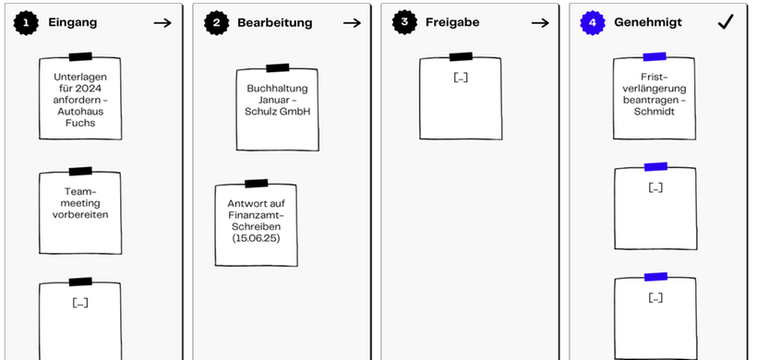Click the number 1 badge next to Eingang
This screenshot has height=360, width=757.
(28, 22)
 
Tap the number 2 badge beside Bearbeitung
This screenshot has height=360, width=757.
(215, 22)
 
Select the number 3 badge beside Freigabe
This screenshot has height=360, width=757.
(403, 22)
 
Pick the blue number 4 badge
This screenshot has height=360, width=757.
(592, 22)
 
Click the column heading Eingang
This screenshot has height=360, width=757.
(72, 22)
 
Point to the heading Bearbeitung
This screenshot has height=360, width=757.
(274, 22)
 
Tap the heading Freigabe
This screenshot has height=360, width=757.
(451, 22)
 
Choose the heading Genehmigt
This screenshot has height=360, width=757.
(647, 22)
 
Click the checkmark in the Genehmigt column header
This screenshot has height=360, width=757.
(725, 22)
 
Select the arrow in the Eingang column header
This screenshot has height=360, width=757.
(162, 22)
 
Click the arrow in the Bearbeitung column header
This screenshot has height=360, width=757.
(351, 22)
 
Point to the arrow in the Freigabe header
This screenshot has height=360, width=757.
(539, 22)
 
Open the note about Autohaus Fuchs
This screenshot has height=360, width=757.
(80, 100)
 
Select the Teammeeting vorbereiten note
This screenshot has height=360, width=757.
(80, 212)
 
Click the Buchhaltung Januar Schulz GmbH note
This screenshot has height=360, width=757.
(278, 106)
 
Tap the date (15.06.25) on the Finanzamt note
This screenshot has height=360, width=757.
(256, 238)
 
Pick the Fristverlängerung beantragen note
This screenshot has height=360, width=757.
(655, 96)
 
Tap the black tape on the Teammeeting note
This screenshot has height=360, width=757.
(80, 171)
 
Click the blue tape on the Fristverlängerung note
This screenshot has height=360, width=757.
(655, 57)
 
